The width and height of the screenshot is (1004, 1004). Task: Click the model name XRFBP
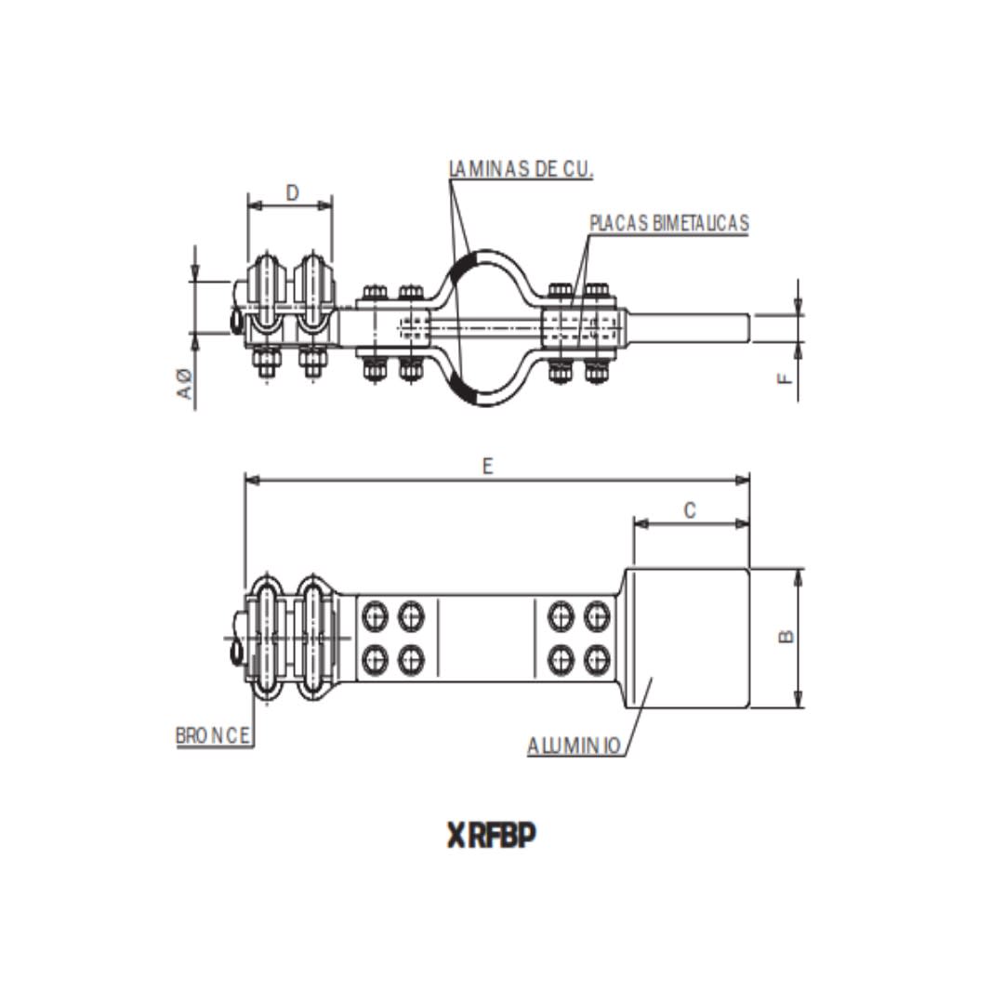(x=492, y=837)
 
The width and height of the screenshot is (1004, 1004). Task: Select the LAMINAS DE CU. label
(x=521, y=169)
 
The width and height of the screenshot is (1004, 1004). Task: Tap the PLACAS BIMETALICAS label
(x=668, y=223)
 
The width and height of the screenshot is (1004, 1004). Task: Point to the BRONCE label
(x=213, y=735)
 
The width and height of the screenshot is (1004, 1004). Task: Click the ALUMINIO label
(x=574, y=746)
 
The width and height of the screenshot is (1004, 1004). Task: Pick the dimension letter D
(x=292, y=193)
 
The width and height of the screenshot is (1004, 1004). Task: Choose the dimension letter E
(x=487, y=467)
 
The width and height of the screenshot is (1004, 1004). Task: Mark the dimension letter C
(x=690, y=510)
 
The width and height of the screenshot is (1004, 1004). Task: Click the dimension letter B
(x=786, y=636)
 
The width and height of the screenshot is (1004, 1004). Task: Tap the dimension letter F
(x=786, y=378)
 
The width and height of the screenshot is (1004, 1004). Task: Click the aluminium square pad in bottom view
(x=690, y=638)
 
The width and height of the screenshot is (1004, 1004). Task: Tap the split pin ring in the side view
(x=236, y=322)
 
